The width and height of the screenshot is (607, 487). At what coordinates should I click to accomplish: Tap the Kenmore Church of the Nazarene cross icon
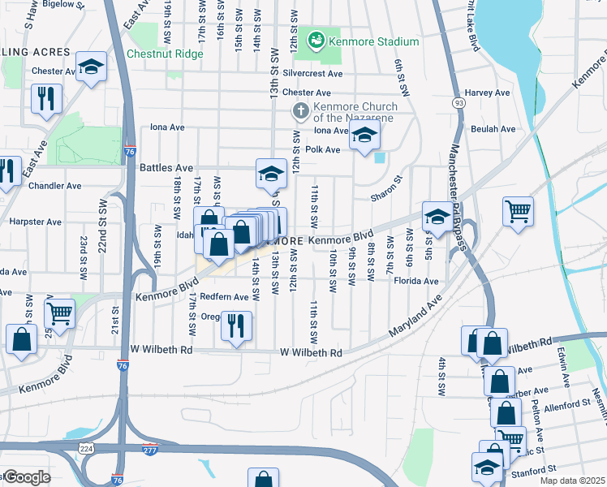point(299,110)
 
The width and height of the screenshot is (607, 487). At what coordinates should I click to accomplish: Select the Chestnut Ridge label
point(165,54)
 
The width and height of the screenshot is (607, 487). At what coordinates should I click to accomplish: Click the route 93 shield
point(459,103)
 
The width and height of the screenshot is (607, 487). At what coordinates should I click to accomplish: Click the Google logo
point(26,477)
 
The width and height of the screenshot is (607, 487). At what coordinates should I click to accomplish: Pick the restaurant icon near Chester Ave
point(45,99)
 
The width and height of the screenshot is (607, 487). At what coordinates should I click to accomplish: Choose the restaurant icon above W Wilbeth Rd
point(236,325)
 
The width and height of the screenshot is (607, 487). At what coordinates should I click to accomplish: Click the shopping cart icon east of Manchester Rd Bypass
point(517,212)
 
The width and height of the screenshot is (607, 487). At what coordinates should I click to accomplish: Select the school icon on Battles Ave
point(271,172)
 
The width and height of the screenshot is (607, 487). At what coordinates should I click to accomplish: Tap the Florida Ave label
point(416,282)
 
